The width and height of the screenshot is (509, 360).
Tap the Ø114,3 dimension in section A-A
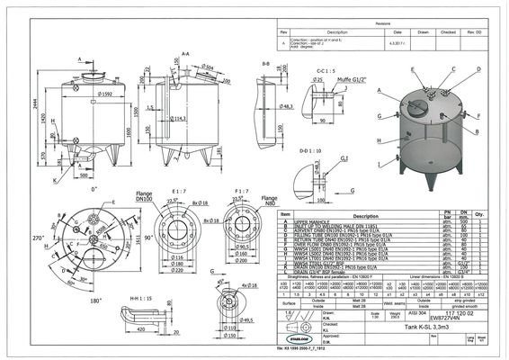[x=180, y=118]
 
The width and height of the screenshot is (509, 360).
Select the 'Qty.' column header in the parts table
[x=479, y=215]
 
